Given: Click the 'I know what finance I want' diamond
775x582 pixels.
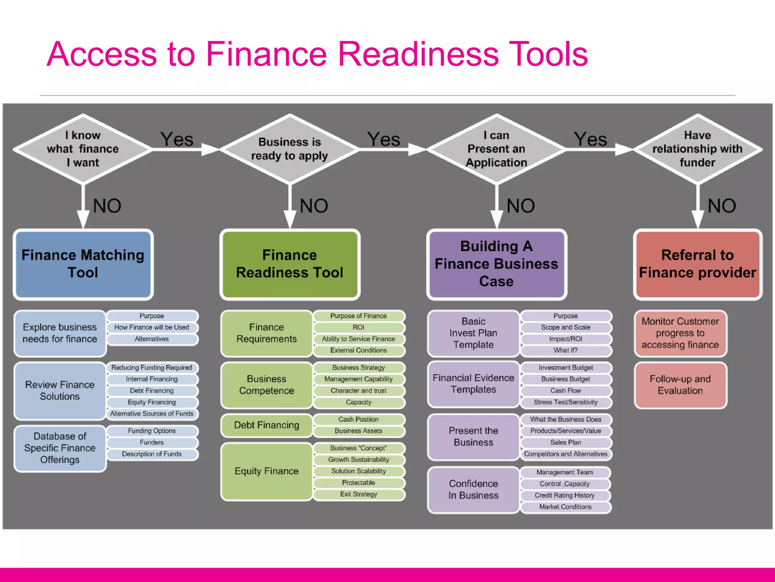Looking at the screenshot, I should (x=82, y=149).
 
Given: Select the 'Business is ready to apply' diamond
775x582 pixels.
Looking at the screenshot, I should (x=289, y=149).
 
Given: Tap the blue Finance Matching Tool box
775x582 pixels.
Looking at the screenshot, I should (x=83, y=264).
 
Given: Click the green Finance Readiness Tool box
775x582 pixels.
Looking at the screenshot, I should (x=289, y=264).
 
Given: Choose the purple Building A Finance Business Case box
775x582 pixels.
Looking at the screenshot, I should (x=496, y=264).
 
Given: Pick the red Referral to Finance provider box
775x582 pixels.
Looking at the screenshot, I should (x=697, y=264).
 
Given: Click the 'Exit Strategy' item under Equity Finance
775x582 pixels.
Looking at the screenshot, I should (x=358, y=494).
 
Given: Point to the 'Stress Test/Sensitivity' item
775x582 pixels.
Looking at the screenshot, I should (x=565, y=402).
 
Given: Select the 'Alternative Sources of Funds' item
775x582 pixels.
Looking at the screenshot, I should (x=152, y=414).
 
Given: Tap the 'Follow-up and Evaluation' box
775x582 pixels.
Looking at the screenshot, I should (x=680, y=385).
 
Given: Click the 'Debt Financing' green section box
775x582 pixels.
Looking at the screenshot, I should (x=266, y=425).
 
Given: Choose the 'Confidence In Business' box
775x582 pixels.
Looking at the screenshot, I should (x=473, y=490).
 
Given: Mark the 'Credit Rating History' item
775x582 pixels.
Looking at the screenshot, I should (x=565, y=495).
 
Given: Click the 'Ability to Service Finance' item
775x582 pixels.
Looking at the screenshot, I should (x=358, y=339).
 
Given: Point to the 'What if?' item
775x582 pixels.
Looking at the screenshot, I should (x=565, y=350).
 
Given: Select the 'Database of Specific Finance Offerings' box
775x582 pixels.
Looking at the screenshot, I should (x=60, y=448).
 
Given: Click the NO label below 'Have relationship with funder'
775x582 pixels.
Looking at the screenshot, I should (x=722, y=206).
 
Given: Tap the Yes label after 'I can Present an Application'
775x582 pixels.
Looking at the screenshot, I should (x=590, y=139).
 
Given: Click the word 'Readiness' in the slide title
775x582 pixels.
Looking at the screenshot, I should (x=418, y=54).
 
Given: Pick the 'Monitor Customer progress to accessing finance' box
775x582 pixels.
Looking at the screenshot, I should (x=680, y=333).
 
